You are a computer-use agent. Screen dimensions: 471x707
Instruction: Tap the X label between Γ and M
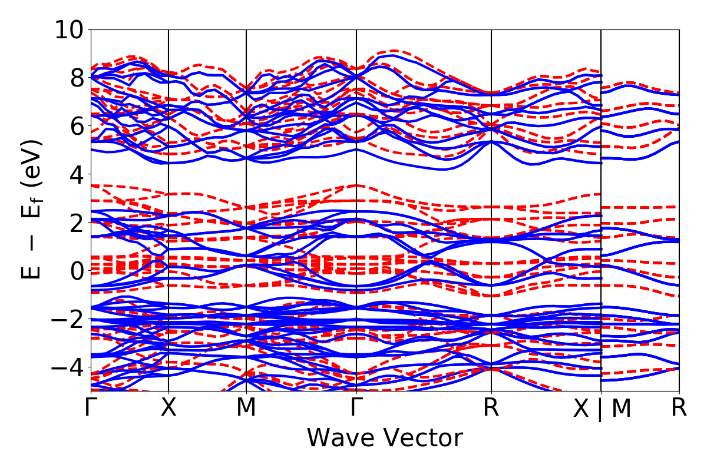[x=169, y=408]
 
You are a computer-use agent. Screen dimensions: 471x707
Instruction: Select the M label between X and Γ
[x=246, y=408]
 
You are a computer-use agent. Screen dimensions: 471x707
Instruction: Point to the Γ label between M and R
[x=356, y=408]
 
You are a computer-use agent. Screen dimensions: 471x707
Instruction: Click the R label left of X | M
[x=491, y=408]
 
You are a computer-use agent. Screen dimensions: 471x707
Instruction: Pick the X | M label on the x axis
[x=602, y=409]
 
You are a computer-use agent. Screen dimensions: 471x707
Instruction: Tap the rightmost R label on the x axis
[x=679, y=408]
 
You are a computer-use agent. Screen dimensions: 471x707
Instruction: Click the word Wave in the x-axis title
[x=339, y=438]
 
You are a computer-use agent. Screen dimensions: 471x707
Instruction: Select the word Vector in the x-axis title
[x=423, y=438]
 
